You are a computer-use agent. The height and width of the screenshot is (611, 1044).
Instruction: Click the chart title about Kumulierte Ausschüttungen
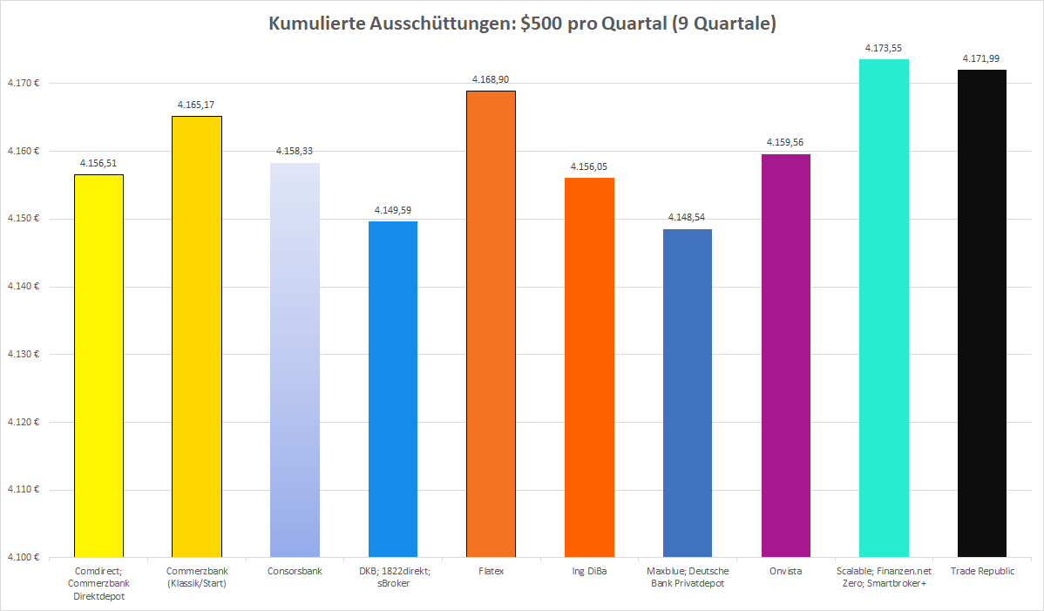pos(521,24)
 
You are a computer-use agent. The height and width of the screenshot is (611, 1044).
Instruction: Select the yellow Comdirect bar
pos(98,366)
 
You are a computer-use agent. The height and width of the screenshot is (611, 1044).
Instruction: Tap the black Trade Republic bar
pos(982,314)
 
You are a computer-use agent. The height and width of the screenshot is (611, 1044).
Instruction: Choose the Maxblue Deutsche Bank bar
pos(688,393)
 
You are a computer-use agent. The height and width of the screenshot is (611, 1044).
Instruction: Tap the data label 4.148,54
pos(688,217)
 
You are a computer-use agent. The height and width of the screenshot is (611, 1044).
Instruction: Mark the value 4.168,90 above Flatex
pos(491,79)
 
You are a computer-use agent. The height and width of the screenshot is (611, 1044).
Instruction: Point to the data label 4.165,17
pos(196,105)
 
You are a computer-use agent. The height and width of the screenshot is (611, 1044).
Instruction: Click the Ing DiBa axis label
pos(589,572)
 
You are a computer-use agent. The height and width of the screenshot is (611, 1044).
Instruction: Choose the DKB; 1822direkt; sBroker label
pos(393,577)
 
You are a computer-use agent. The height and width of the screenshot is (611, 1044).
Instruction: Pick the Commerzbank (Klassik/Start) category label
pos(196,577)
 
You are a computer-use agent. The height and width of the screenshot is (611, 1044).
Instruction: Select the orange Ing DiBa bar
pos(590,367)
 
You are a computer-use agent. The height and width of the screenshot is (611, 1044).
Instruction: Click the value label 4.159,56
pos(786,142)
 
